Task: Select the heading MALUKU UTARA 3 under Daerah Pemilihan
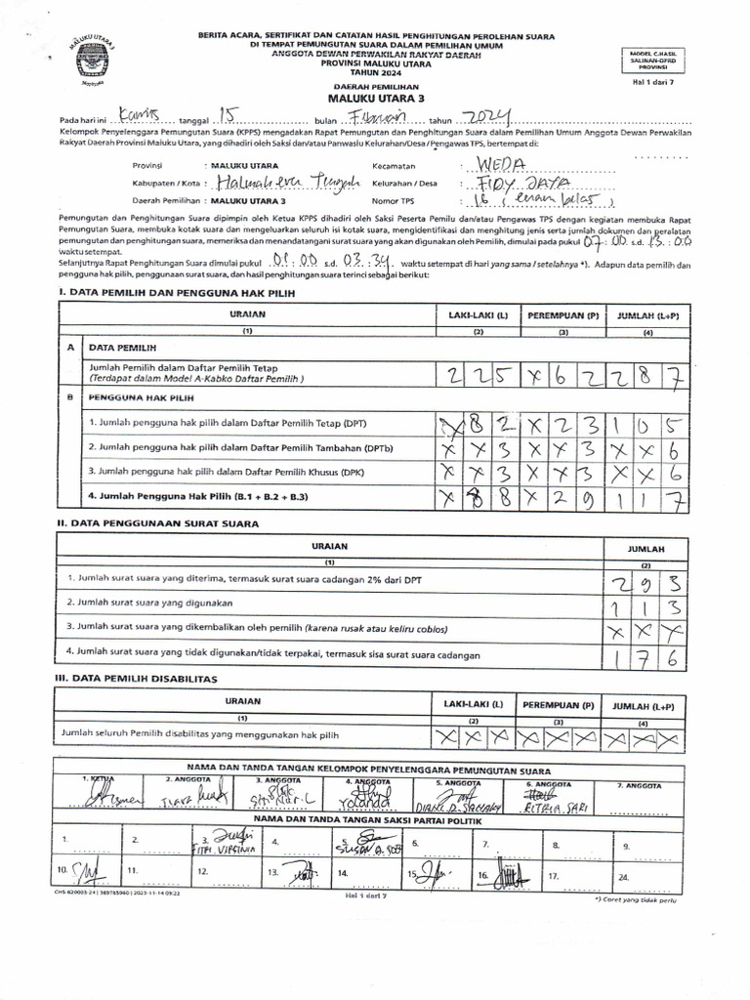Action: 374,99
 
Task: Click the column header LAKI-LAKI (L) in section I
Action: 479,315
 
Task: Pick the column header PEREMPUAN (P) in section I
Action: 563,315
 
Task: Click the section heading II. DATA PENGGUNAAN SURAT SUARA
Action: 158,523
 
